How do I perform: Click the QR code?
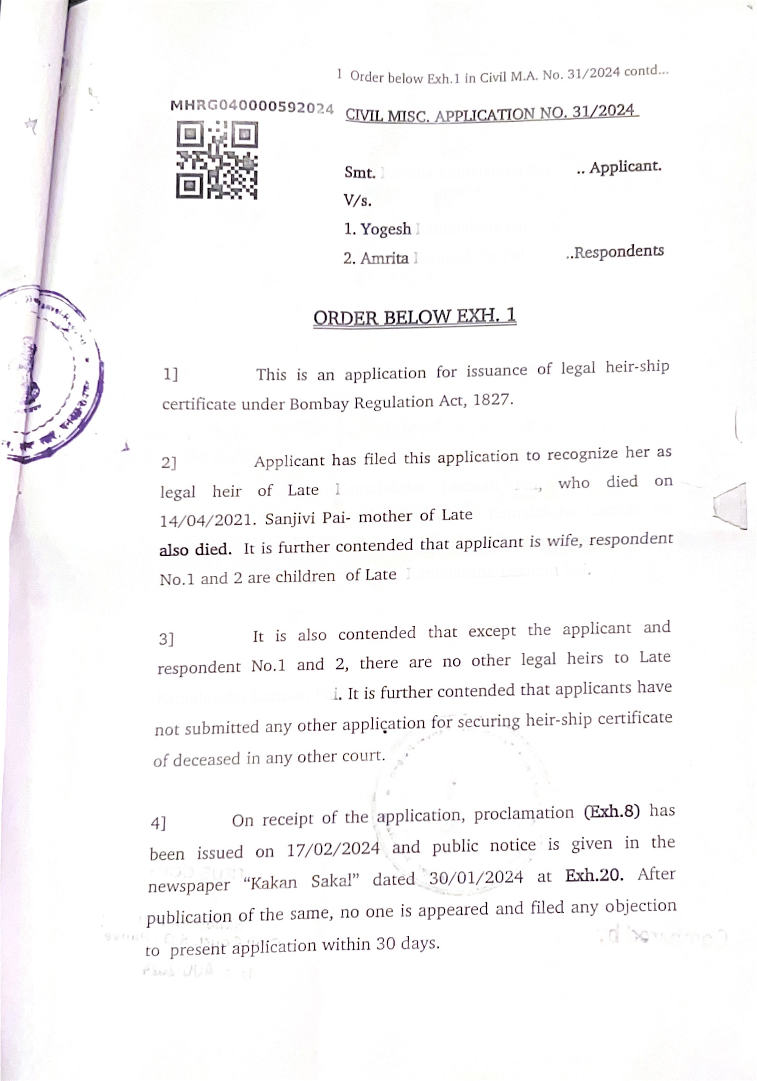tap(217, 160)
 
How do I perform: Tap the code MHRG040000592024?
tap(252, 107)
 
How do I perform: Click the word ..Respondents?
tap(615, 252)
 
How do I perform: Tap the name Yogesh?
tap(386, 229)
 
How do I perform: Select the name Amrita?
tap(384, 258)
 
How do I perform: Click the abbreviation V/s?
tap(357, 201)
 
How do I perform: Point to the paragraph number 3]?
tap(166, 640)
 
